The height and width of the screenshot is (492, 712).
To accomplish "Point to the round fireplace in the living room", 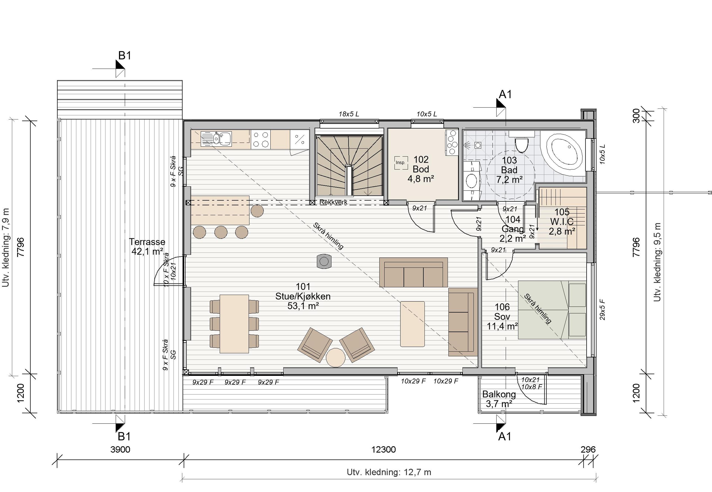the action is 324,262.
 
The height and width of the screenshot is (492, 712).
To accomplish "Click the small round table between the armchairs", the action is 335,358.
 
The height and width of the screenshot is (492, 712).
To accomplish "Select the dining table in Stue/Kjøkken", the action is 234,324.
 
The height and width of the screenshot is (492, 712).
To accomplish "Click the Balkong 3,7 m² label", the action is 499,399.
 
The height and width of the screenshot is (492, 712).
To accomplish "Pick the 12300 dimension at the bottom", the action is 383,449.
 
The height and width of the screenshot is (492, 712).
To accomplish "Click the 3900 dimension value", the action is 120,449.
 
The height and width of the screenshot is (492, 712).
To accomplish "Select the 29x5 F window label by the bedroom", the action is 602,309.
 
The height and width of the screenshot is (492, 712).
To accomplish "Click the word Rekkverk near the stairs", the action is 333,202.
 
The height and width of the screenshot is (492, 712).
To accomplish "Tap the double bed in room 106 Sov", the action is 552,310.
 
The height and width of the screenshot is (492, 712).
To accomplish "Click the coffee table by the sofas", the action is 412,324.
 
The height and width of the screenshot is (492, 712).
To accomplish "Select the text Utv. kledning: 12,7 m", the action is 389,472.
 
